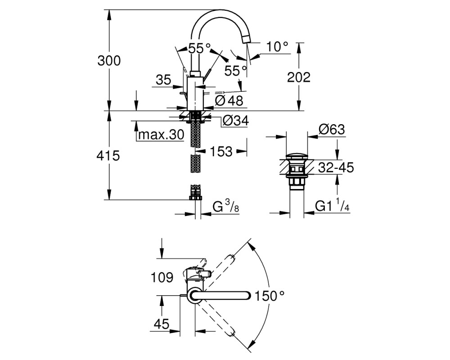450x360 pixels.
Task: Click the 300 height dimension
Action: point(109,61)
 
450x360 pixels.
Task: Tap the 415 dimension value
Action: point(108,156)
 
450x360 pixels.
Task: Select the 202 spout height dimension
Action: point(299,77)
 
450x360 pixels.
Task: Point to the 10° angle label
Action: point(277,46)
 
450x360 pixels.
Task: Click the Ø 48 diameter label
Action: point(229,100)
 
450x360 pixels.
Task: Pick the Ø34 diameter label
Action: point(235,121)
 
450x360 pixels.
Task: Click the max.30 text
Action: point(161,135)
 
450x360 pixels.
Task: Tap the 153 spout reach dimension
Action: point(220,151)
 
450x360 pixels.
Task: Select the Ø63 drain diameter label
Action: point(332,130)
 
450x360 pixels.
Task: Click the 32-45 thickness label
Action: point(336,168)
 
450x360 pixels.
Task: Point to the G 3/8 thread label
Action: point(226,206)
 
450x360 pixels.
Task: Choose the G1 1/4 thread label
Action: point(332,206)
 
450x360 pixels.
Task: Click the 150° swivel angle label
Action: point(270,296)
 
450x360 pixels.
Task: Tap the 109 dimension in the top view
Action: point(162,277)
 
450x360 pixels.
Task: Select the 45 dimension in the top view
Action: point(162,324)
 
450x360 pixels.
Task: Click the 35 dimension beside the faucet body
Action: point(164,80)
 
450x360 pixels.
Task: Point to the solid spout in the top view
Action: point(220,296)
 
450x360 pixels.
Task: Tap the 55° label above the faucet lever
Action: point(199,48)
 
